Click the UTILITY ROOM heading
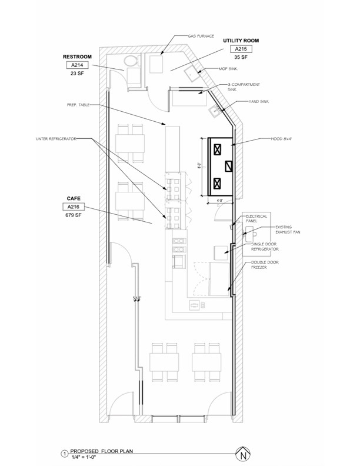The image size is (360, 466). [241, 41]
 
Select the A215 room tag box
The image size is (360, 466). [241, 49]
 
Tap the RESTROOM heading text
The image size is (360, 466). [78, 57]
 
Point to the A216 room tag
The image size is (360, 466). [74, 207]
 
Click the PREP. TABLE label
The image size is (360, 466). [78, 105]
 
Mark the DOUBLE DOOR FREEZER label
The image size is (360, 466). [262, 265]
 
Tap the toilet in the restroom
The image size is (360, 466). [129, 61]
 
